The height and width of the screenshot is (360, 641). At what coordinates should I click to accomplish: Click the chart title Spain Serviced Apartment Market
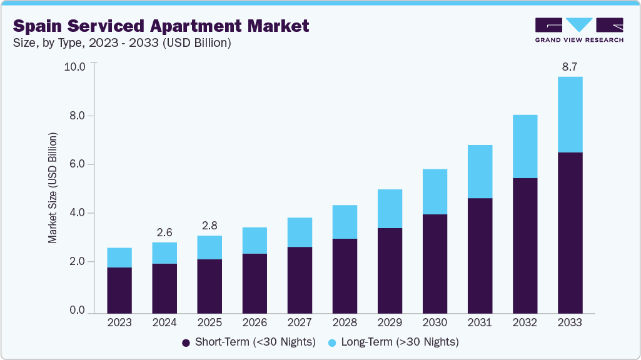click(161, 26)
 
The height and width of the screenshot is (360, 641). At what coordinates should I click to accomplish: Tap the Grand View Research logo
click(579, 30)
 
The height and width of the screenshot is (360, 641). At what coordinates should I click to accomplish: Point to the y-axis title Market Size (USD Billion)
click(53, 187)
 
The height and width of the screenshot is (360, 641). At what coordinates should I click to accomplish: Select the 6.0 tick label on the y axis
click(77, 164)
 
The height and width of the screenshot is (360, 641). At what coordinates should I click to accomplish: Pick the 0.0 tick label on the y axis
click(77, 311)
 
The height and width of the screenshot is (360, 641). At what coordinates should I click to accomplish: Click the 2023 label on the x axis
click(119, 323)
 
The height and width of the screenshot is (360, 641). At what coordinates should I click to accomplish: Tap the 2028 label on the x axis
click(345, 323)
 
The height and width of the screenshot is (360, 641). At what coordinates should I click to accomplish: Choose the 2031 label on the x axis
click(480, 323)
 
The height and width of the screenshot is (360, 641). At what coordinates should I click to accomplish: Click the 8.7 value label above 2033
click(570, 67)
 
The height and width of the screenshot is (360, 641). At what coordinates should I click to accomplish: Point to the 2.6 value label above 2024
click(164, 232)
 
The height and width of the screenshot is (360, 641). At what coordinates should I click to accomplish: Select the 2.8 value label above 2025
click(209, 226)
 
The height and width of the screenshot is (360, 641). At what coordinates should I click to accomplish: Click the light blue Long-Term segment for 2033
click(570, 114)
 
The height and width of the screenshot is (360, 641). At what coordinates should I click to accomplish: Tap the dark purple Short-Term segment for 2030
click(435, 263)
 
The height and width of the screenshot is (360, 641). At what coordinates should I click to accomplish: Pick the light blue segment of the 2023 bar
click(119, 257)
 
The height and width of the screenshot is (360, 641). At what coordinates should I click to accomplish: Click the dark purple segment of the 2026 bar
click(255, 282)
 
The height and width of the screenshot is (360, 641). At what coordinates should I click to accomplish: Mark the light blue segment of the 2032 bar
click(525, 146)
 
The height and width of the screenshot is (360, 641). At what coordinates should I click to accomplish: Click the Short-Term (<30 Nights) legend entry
click(249, 342)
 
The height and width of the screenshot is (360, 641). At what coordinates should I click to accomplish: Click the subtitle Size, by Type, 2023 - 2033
click(123, 43)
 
